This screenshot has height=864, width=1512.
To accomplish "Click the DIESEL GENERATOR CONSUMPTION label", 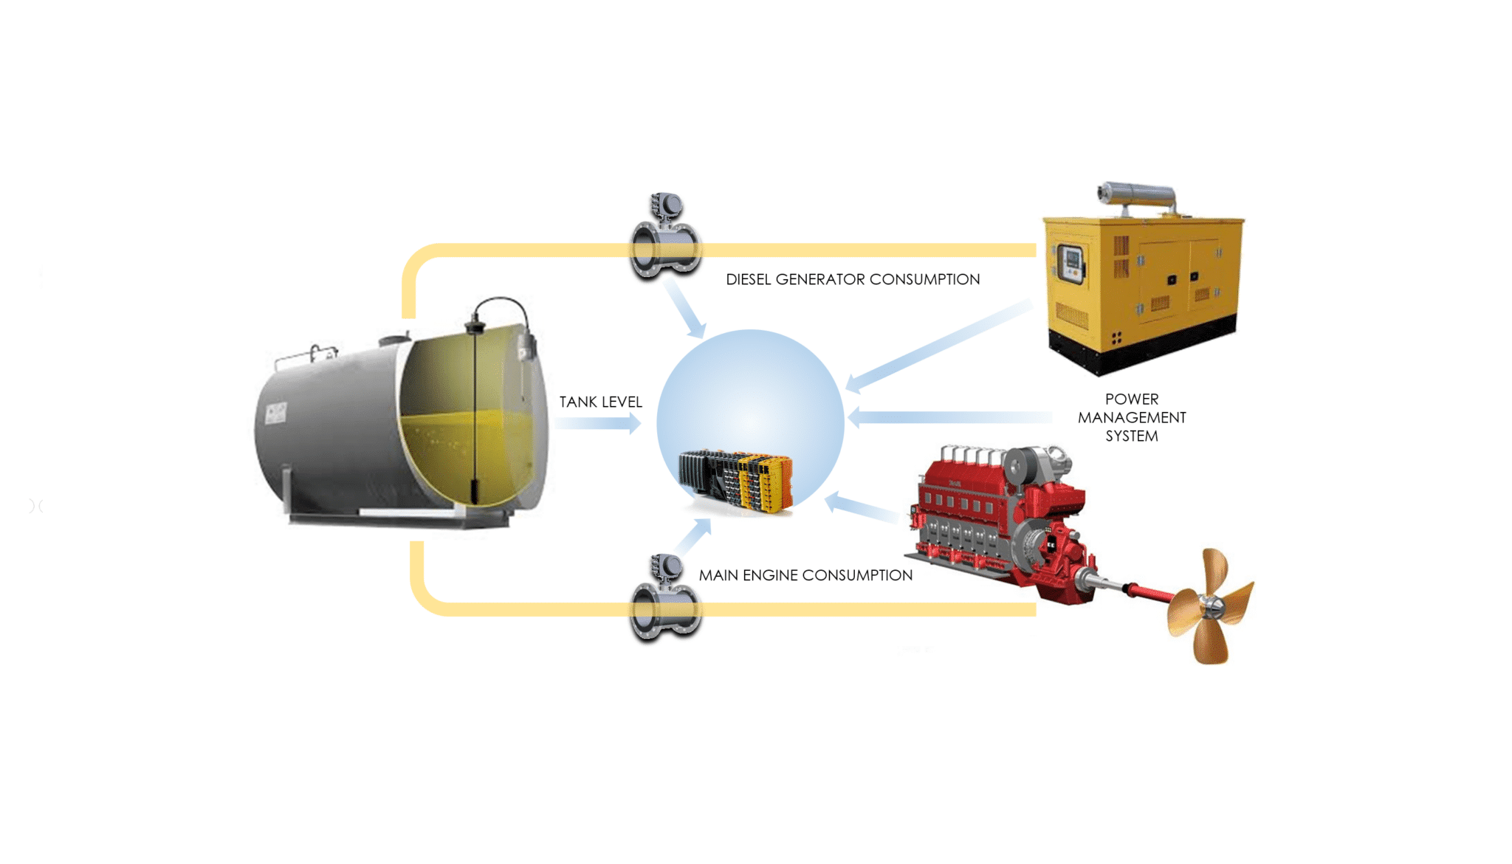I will tap(853, 279).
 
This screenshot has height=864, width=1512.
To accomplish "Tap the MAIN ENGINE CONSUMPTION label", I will tap(805, 575).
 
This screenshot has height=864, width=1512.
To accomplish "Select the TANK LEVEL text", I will tap(600, 402).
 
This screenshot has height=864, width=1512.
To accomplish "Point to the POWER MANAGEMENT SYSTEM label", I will tap(1131, 417).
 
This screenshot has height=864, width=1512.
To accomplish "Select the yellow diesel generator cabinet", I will tap(1144, 288).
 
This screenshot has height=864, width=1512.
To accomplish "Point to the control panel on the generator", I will tap(1071, 263).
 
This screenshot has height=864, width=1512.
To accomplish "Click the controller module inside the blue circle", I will tap(737, 481).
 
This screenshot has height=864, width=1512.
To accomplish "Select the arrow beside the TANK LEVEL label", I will tap(598, 423).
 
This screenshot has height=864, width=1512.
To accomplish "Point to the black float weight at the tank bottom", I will tap(475, 490).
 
